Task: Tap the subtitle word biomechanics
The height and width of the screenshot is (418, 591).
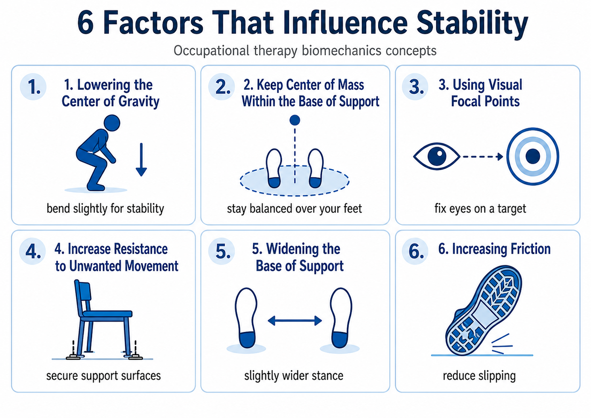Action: pyautogui.click(x=341, y=51)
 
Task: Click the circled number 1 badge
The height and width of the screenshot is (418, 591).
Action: pyautogui.click(x=33, y=86)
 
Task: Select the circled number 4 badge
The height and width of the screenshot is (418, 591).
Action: pyautogui.click(x=33, y=251)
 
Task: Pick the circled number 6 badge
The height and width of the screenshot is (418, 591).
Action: pyautogui.click(x=415, y=251)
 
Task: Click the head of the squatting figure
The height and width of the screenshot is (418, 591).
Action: pyautogui.click(x=112, y=123)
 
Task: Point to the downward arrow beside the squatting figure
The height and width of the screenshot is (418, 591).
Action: pyautogui.click(x=142, y=160)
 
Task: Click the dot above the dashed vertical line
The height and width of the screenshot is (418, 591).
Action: pyautogui.click(x=295, y=120)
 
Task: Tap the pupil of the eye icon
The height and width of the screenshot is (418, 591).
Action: pyautogui.click(x=437, y=157)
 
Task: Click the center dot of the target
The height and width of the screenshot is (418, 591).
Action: pyautogui.click(x=533, y=156)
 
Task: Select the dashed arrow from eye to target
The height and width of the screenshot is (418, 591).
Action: pyautogui.click(x=483, y=157)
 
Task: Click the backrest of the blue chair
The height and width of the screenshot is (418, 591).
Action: pyautogui.click(x=83, y=295)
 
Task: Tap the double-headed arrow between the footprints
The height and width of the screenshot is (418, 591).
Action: pyautogui.click(x=295, y=321)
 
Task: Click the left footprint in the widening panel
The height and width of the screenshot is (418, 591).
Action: pyautogui.click(x=246, y=318)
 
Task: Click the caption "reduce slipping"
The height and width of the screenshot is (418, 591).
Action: pyautogui.click(x=479, y=376)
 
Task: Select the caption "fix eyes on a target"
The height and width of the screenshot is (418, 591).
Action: pyautogui.click(x=480, y=209)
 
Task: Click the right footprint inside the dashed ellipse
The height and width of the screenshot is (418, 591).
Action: pyautogui.click(x=316, y=168)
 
